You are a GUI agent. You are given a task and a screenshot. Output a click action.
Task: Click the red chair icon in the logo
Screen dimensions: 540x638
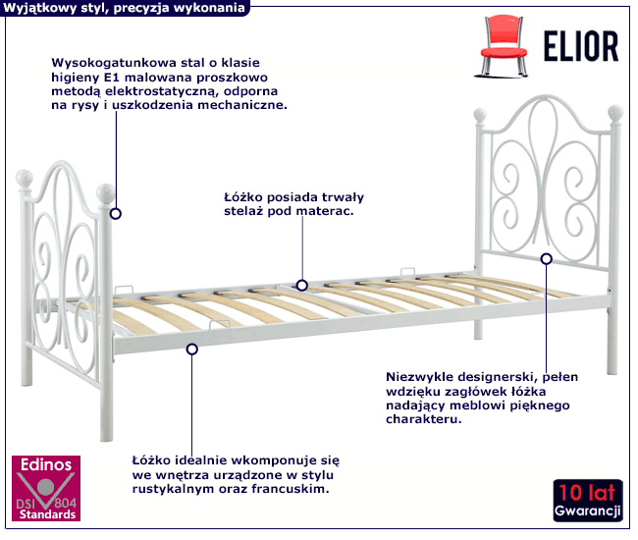tap(501, 44)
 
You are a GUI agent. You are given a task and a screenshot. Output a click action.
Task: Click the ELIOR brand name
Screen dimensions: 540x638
tap(580, 45)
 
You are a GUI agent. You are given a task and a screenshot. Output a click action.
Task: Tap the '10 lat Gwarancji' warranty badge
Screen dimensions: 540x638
tap(587, 501)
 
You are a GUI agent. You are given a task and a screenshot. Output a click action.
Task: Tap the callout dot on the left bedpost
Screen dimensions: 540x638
tap(116, 212)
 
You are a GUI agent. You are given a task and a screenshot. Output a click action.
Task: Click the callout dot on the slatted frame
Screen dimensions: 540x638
tap(301, 285)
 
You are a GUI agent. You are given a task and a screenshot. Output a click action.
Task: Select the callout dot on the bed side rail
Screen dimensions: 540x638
tap(192, 349)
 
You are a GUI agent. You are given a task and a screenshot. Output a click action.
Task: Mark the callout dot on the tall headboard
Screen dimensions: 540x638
tap(547, 258)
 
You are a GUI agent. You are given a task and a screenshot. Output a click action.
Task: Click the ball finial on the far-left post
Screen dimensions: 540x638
tap(27, 179)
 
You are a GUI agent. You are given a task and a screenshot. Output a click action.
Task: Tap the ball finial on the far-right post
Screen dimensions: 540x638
tap(615, 112)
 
